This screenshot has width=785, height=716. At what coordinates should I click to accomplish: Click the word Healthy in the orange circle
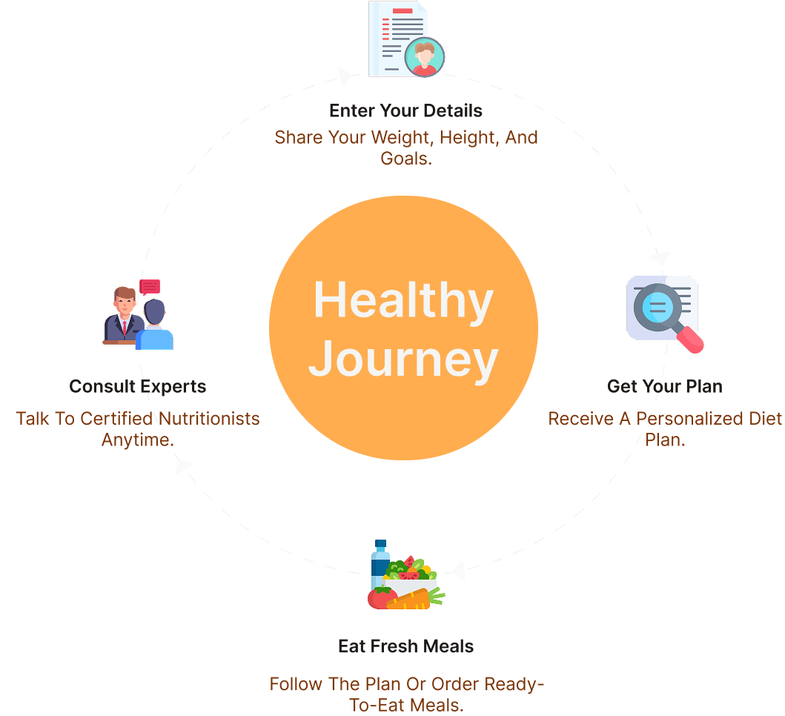403,301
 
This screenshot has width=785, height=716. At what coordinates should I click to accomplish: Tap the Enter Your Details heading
405,111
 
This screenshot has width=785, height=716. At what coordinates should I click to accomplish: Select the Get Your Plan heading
664,386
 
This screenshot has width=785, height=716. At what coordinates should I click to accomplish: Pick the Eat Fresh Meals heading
405,646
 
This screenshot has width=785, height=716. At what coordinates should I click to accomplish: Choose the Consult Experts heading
137,386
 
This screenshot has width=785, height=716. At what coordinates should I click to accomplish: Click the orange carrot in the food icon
409,599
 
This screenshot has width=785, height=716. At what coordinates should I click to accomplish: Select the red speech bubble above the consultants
150,287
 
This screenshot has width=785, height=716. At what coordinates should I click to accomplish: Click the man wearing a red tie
124,315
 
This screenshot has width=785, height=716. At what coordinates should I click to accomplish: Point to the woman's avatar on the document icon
425,58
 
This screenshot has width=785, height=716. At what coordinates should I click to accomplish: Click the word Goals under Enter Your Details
405,157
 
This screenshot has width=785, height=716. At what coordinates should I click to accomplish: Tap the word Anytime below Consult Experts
137,439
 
